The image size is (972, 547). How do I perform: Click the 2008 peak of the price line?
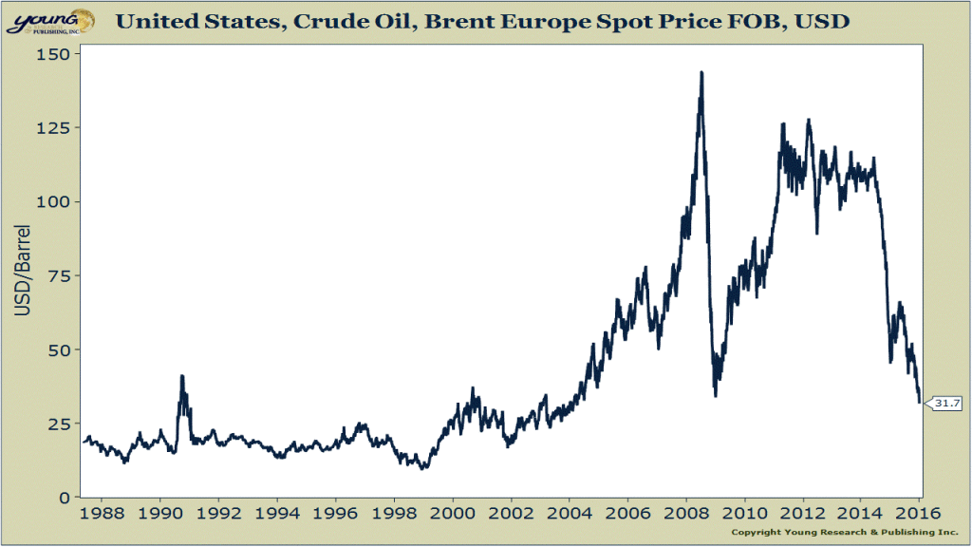pos(701,72)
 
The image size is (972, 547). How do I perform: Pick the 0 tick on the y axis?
pos(64,498)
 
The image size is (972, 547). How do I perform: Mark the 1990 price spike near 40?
pos(181,376)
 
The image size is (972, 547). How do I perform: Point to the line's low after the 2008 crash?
pos(716,394)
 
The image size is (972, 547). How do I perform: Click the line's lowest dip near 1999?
pos(423,468)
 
